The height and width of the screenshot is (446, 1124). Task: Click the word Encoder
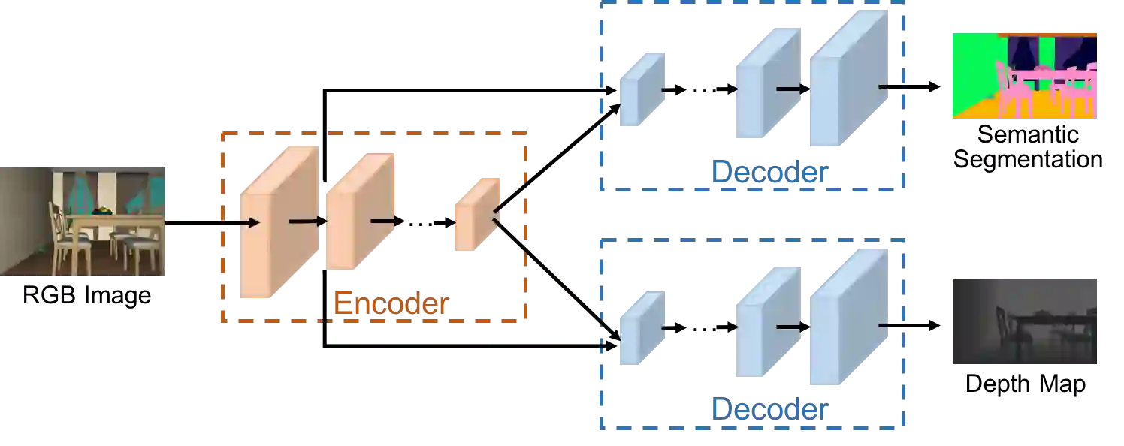click(391, 304)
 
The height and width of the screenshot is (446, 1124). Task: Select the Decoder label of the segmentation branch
click(769, 173)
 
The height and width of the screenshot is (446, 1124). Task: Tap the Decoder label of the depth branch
click(769, 410)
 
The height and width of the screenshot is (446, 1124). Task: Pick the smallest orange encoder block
click(475, 215)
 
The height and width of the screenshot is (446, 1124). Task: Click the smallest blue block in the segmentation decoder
click(641, 88)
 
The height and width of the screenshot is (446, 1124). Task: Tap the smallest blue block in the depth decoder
click(641, 328)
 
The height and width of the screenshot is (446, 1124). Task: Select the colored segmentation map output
click(1024, 75)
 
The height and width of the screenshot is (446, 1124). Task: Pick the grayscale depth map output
click(1024, 321)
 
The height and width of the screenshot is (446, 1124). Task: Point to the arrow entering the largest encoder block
click(252, 222)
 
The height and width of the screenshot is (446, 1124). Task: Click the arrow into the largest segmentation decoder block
click(793, 89)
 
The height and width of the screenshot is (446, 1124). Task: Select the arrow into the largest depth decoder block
click(793, 327)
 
